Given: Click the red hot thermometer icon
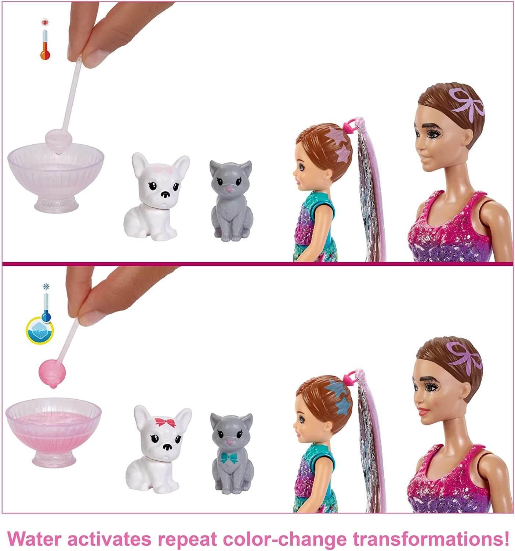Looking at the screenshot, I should (45, 45).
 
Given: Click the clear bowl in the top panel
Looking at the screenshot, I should (56, 162).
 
